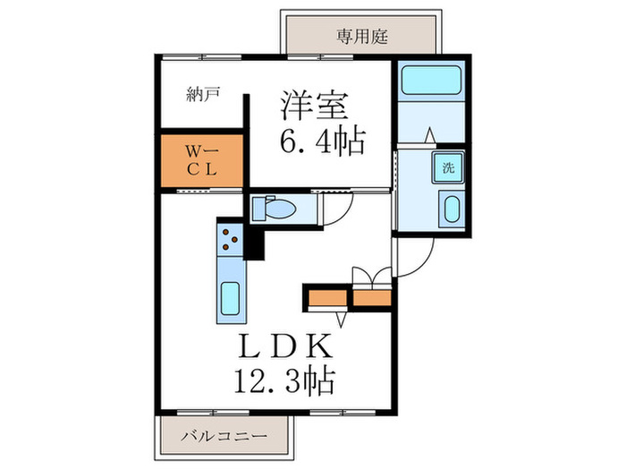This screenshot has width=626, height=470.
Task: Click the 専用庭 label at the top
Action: [x=361, y=37]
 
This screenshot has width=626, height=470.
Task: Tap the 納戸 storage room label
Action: [x=204, y=93]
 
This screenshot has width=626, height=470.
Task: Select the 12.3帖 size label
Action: [x=285, y=382]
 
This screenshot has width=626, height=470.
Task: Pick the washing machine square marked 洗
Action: [x=447, y=167]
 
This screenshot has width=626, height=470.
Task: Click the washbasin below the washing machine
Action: [x=450, y=211]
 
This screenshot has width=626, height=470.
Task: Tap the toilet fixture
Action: [x=276, y=209]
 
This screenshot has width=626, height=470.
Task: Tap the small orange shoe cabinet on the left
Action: [x=326, y=296]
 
